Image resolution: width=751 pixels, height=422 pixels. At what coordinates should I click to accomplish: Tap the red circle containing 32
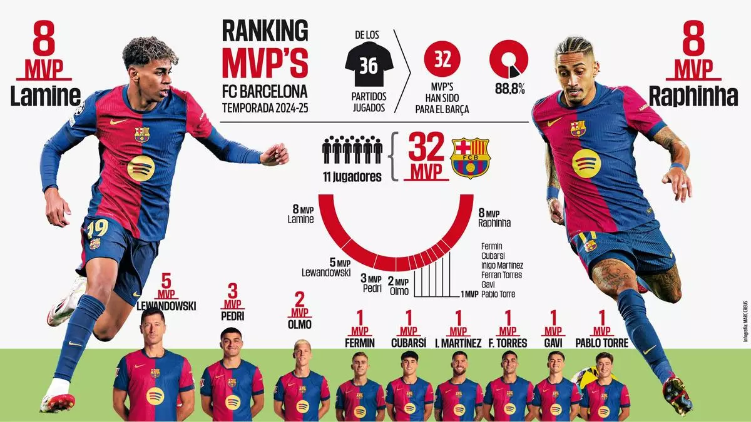[x=442, y=58]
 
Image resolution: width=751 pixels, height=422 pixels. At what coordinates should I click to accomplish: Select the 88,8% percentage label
[x=509, y=89]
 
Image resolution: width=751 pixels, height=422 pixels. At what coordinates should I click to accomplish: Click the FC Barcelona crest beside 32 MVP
[x=470, y=158]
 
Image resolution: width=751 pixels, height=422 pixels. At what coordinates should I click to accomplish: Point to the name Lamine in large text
[x=46, y=95]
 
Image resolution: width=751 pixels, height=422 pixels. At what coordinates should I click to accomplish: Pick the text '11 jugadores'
[x=352, y=177]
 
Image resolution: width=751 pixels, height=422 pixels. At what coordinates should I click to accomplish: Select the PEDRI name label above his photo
[x=232, y=316]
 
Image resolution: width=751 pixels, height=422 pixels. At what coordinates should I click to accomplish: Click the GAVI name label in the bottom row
[x=553, y=343]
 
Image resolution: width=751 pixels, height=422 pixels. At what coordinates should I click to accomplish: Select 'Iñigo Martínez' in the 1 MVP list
[x=502, y=265]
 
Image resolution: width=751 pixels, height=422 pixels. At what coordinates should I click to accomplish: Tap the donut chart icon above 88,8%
[x=509, y=59]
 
